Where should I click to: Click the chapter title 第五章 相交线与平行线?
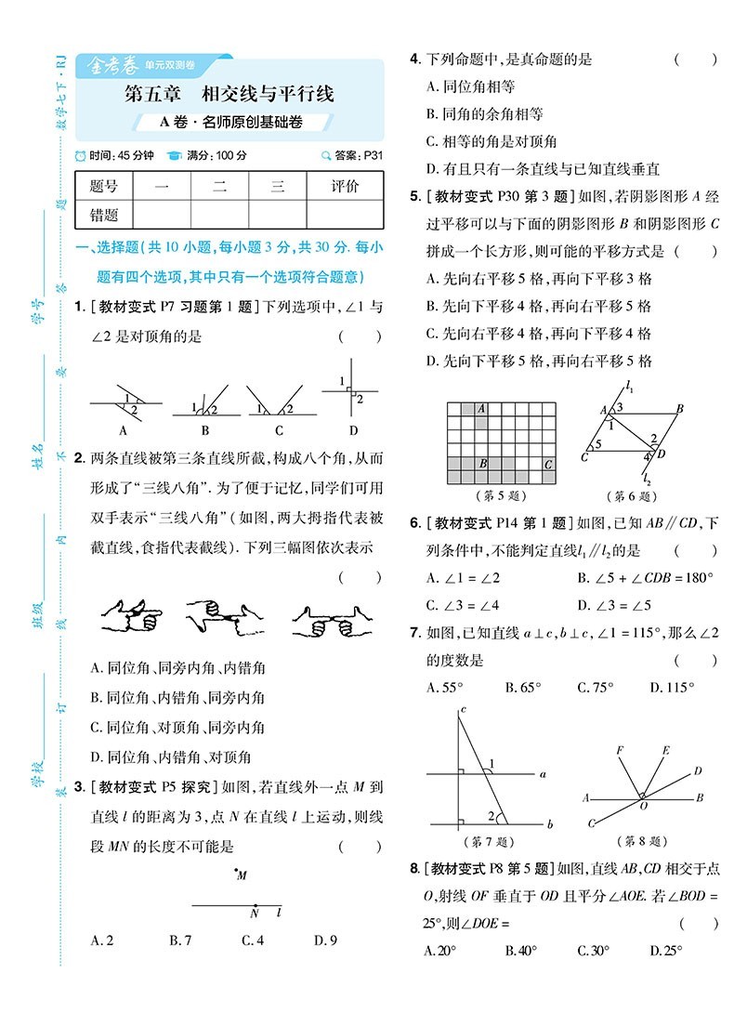229,93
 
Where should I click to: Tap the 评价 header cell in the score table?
345,187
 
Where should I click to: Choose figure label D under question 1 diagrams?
353,430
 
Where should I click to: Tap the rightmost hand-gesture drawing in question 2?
324,618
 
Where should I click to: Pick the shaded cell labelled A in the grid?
481,408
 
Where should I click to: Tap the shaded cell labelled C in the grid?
548,464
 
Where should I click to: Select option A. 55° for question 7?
445,688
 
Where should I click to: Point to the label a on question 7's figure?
543,773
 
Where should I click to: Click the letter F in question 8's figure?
620,749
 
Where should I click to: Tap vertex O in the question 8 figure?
642,796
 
